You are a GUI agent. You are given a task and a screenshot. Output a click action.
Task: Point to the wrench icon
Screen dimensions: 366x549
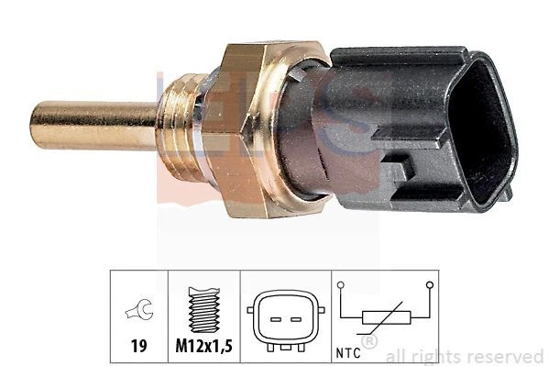[137, 311]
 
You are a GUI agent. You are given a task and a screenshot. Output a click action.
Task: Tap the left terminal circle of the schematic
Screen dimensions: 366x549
[341, 287]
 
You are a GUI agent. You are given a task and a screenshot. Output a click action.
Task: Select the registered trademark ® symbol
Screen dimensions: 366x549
[369, 342]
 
